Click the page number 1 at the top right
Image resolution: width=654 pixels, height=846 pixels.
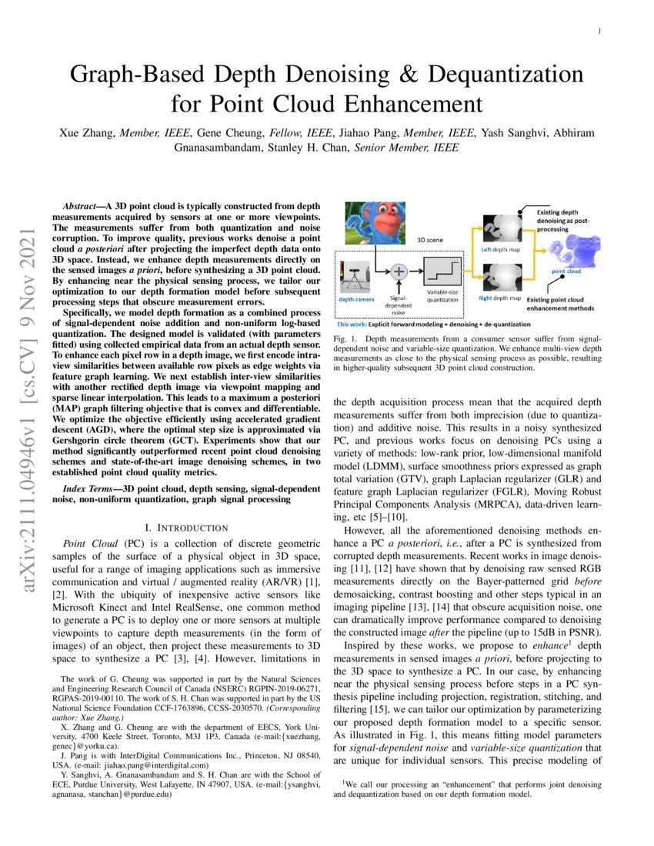599,31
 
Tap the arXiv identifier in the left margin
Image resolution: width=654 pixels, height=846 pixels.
32,369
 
